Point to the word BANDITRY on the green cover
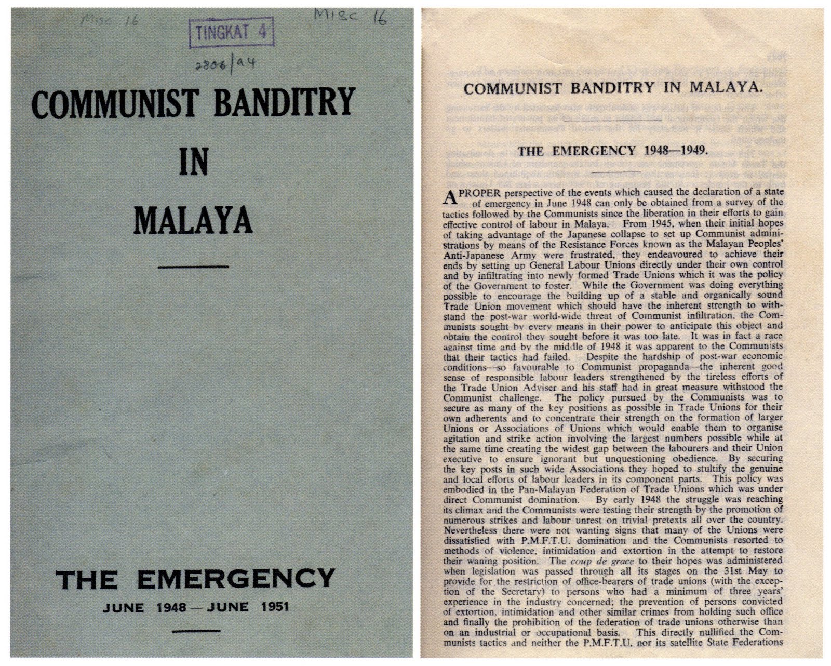point(285,103)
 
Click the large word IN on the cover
point(193,162)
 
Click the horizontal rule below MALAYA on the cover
point(193,267)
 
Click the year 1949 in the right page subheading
point(689,151)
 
